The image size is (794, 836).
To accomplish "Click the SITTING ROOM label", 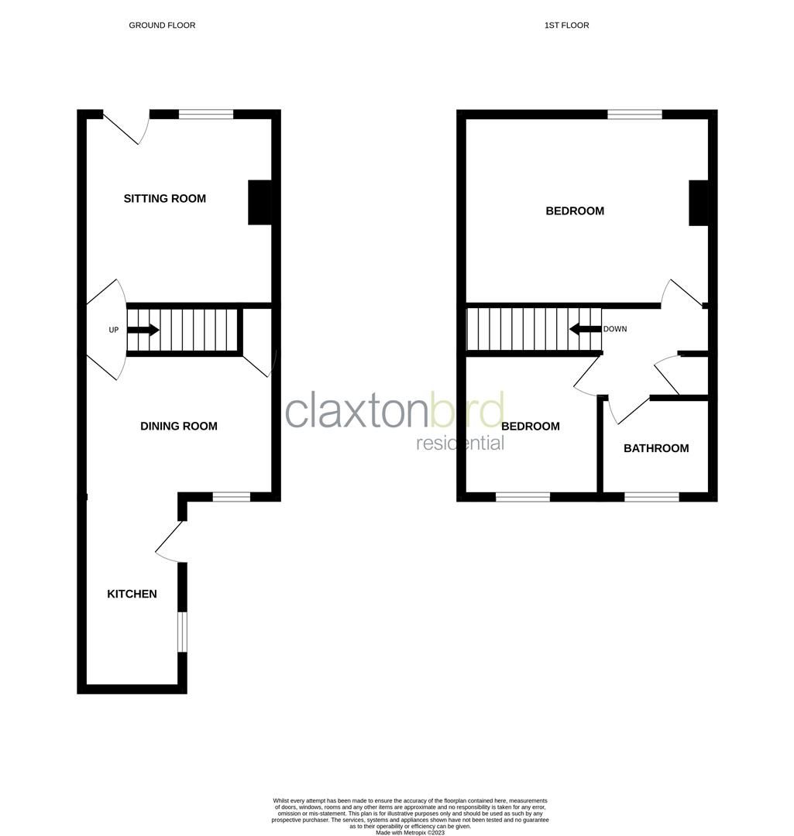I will click(165, 199).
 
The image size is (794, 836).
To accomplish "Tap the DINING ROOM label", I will click(179, 426).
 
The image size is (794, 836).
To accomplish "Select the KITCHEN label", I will click(132, 594).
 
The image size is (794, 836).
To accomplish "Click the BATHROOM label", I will click(656, 448).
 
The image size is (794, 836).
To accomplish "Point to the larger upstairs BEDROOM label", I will click(575, 211).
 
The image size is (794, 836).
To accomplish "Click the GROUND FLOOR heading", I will click(162, 26).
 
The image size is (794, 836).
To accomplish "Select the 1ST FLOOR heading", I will click(566, 26).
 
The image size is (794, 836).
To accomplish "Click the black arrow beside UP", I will click(143, 330).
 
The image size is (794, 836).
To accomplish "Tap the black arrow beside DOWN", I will click(585, 329).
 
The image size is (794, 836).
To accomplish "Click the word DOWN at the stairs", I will click(615, 329).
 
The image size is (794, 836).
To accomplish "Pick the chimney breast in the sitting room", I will click(260, 203).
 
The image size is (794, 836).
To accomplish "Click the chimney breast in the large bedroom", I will click(698, 203).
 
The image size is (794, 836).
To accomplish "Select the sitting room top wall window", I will click(206, 115).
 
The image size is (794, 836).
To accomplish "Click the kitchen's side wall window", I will click(182, 632).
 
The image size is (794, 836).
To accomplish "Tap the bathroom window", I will click(651, 497).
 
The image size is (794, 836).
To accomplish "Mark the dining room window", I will click(232, 497).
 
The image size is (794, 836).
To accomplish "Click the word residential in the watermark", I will click(460, 443).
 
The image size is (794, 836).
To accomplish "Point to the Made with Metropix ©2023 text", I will click(410, 832).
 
